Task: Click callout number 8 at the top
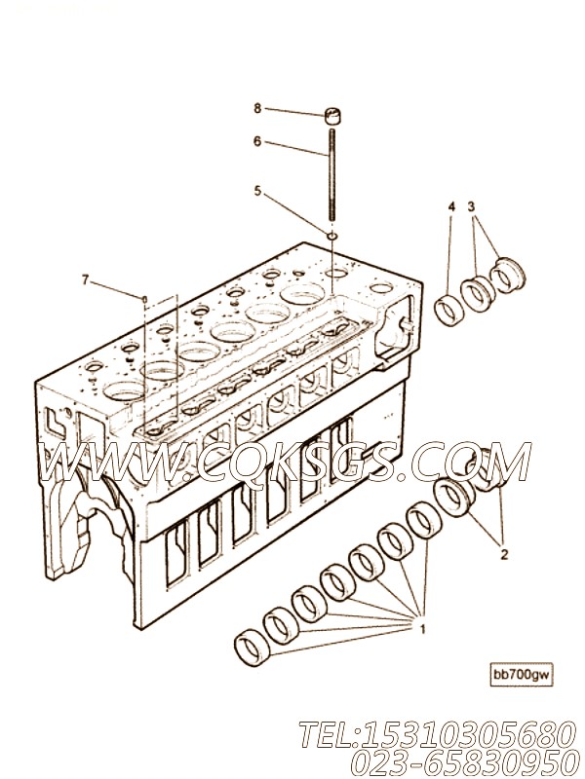click(x=257, y=108)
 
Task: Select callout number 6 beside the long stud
click(x=257, y=141)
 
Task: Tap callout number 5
click(x=257, y=191)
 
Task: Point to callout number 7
click(x=85, y=280)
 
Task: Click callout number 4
click(x=451, y=206)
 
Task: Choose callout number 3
click(x=472, y=206)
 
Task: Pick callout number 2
click(x=504, y=554)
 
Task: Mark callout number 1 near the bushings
click(x=423, y=630)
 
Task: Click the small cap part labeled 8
click(x=331, y=115)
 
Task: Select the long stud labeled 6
click(x=331, y=174)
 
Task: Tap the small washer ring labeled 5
click(x=332, y=235)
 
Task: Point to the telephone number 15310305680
click(x=465, y=734)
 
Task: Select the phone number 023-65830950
click(x=460, y=762)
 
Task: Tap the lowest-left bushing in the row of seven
click(x=253, y=649)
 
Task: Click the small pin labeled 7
click(x=144, y=299)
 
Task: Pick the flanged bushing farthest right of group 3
click(x=507, y=274)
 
